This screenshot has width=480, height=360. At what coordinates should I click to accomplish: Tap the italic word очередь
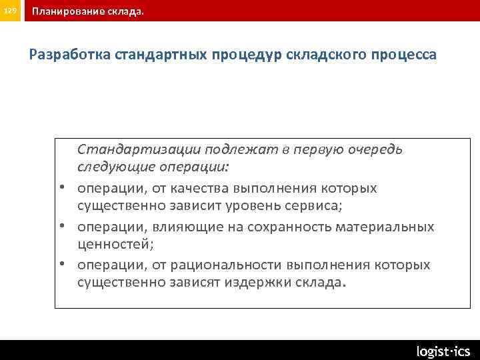point(375,149)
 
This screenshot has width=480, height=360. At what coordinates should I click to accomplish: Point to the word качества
point(193,188)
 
